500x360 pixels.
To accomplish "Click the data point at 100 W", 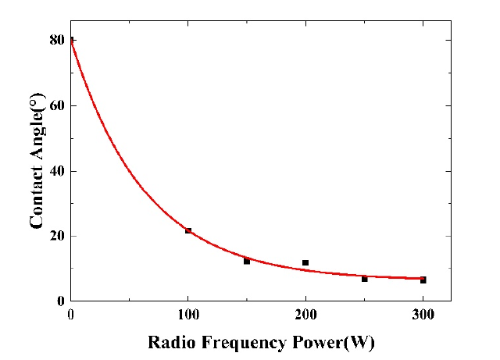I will tap(188, 230).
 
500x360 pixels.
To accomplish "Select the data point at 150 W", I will tap(247, 261).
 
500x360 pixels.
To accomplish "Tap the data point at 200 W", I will tap(305, 262).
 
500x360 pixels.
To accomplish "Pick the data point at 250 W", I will tap(364, 278).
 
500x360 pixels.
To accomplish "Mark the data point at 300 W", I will tap(423, 280).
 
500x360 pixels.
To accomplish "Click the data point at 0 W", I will tap(71, 40).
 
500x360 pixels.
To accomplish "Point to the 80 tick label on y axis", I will tap(55, 40).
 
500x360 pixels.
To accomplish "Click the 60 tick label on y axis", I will tap(55, 105).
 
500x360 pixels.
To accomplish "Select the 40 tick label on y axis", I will tap(55, 171).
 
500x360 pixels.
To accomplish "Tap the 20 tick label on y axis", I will tap(55, 236).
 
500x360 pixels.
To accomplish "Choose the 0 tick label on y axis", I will tap(59, 301).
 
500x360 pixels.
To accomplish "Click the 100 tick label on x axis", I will tap(187, 315).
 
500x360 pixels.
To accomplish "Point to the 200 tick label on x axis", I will tap(305, 315).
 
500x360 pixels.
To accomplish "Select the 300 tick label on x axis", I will tap(423, 315).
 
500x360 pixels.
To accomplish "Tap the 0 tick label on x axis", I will tap(71, 315).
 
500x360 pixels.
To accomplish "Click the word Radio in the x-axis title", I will tap(170, 343).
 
